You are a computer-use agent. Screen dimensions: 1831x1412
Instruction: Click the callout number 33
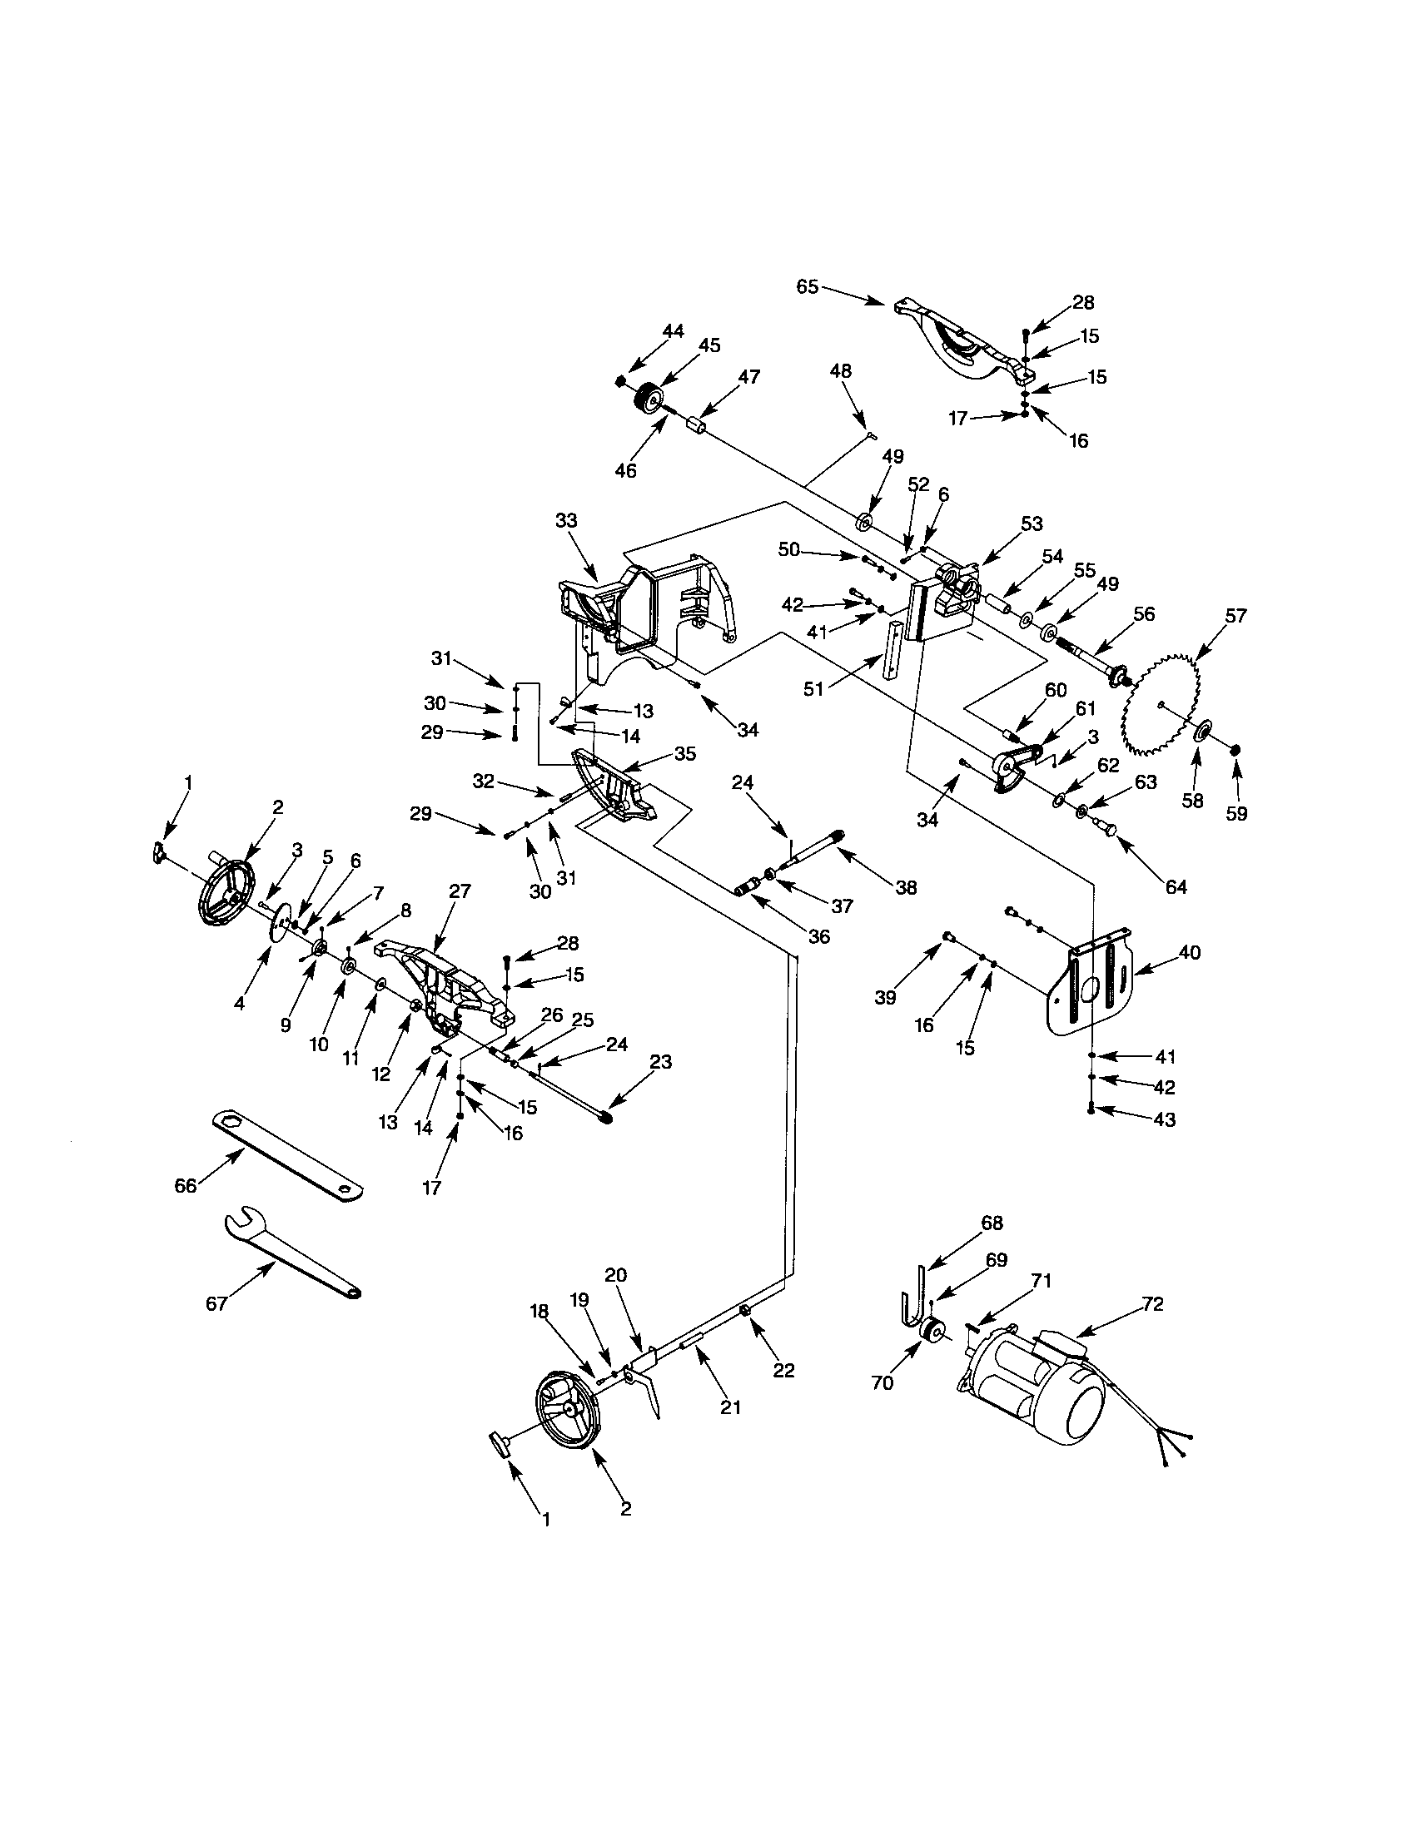[566, 521]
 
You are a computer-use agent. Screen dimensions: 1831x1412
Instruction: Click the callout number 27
[460, 891]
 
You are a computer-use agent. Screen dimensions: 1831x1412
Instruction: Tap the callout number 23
[661, 1062]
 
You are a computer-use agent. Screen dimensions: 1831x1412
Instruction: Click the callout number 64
[1176, 887]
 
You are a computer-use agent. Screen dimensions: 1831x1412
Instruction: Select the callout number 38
[906, 887]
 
